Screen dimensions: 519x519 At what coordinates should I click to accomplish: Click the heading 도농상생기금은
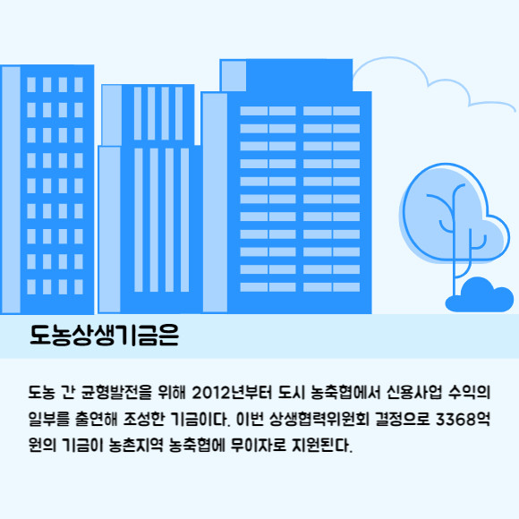click(x=105, y=335)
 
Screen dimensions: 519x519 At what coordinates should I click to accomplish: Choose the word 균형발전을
click(x=116, y=393)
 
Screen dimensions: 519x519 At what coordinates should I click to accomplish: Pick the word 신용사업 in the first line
click(x=414, y=393)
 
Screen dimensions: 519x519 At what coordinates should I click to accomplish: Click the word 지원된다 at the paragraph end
click(x=322, y=446)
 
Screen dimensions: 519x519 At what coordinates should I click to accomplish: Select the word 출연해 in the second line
click(x=97, y=419)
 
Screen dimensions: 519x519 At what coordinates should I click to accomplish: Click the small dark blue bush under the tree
click(x=480, y=295)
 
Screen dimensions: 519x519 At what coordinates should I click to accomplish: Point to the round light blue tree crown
click(x=454, y=215)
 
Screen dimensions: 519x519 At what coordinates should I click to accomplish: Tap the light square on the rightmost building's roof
click(x=234, y=76)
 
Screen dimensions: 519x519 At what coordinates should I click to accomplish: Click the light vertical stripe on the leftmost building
click(x=12, y=190)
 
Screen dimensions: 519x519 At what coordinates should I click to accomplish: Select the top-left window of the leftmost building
click(x=31, y=85)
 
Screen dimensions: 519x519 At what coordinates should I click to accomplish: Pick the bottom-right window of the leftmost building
click(x=79, y=287)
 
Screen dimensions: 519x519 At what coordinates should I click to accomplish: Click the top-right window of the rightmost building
click(x=346, y=111)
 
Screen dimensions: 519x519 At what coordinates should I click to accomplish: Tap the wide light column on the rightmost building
click(x=215, y=202)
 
